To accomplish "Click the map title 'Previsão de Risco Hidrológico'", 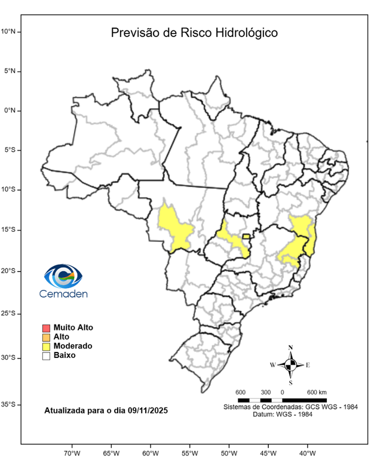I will (x=194, y=33).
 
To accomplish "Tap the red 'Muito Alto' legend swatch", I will (x=46, y=328).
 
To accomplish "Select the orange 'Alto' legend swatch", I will (x=46, y=337).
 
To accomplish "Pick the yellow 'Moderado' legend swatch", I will (x=46, y=346).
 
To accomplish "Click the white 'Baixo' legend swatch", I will (x=46, y=356).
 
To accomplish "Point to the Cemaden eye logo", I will (x=63, y=277).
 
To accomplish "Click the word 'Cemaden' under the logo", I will (x=63, y=294).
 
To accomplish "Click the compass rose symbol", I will (x=290, y=364).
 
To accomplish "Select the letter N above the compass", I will (x=290, y=347).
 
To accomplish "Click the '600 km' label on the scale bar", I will (x=317, y=392).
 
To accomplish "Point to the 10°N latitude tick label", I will (x=10, y=31).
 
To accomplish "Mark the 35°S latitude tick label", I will (x=10, y=405).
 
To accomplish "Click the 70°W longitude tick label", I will (x=72, y=452).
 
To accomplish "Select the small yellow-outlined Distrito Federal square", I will (x=246, y=237).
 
